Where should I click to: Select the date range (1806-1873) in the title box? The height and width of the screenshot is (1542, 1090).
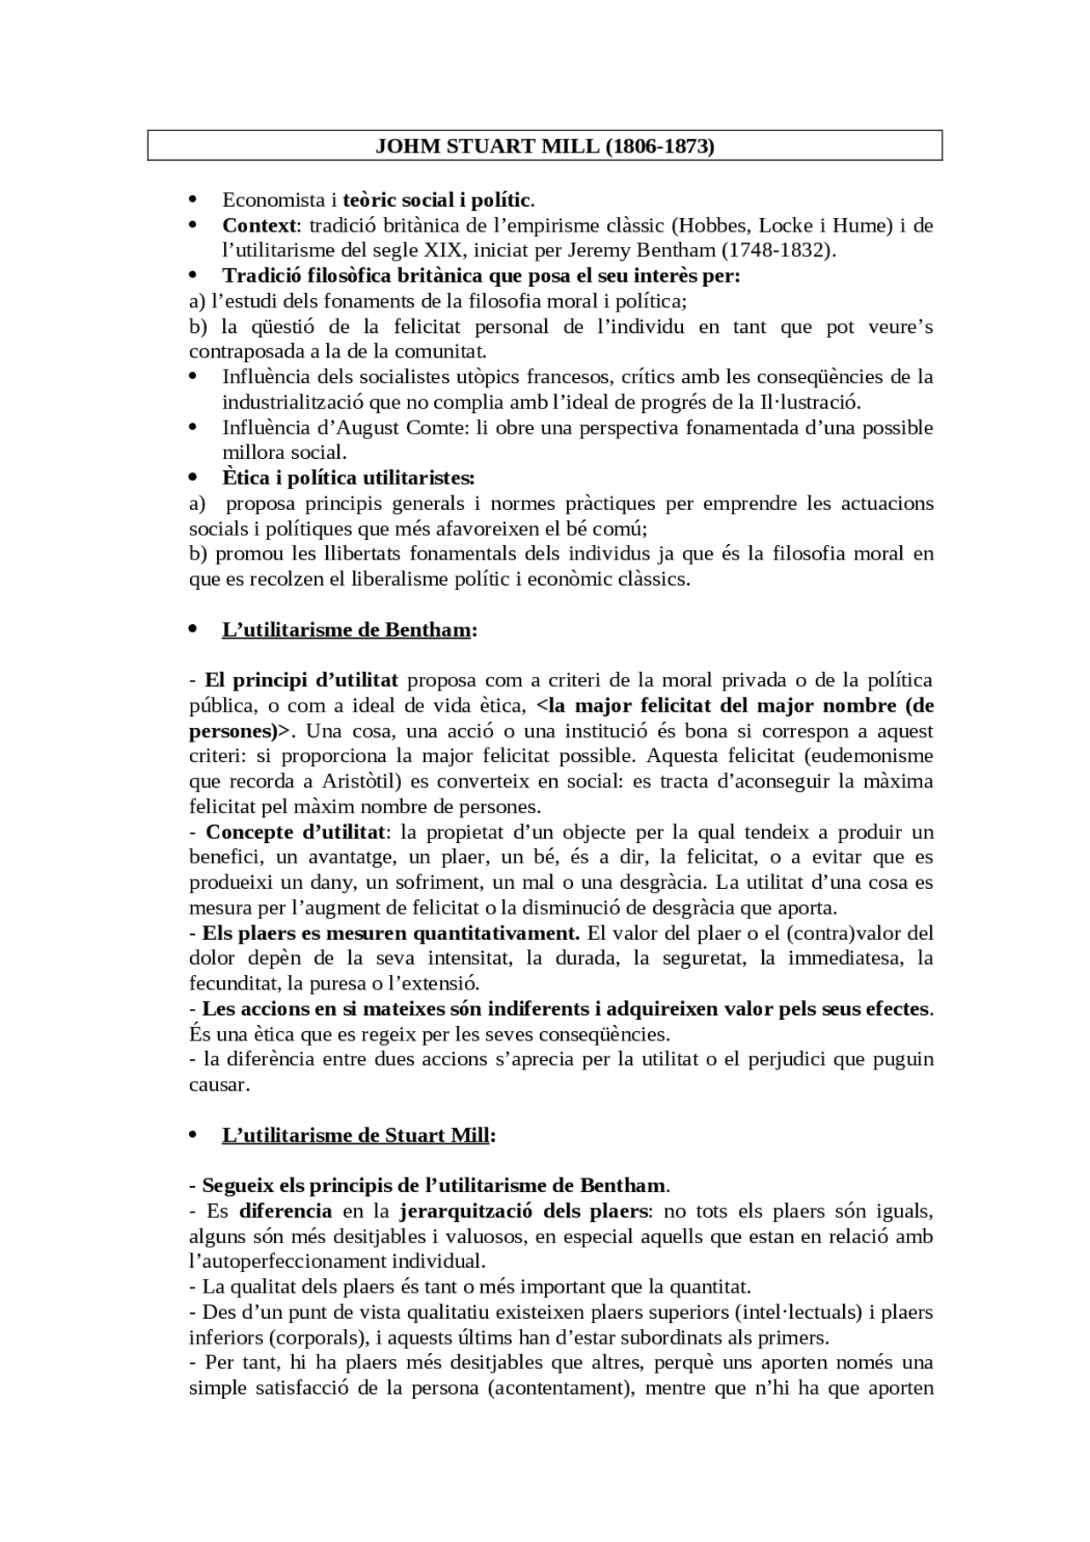[x=659, y=146]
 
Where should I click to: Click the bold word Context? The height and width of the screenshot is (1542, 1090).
[x=260, y=226]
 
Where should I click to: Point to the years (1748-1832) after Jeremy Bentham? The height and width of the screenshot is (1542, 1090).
[x=777, y=250]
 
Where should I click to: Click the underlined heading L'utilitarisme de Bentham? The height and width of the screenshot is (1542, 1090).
[x=347, y=630]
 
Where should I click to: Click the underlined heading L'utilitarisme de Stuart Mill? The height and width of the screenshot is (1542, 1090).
[x=356, y=1135]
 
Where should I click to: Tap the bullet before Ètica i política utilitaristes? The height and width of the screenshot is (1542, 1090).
[x=192, y=478]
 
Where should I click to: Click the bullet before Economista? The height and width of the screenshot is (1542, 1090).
[x=192, y=200]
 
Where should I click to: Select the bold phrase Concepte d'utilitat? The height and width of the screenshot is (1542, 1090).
[x=295, y=832]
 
